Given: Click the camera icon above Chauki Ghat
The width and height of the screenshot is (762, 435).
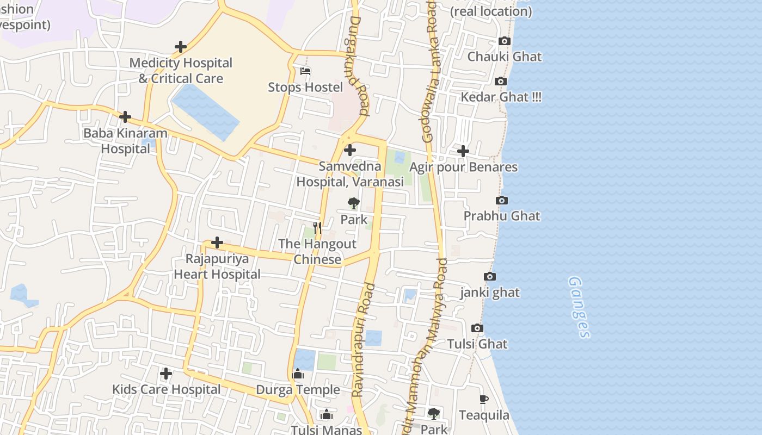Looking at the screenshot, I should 505,41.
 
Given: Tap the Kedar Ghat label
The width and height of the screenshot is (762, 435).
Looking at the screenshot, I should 501,97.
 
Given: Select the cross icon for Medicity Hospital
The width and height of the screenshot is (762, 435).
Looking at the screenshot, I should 181,47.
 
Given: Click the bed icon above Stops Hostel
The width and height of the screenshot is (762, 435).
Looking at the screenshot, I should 305,71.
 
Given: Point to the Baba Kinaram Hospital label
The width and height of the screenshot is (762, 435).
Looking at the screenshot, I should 125,141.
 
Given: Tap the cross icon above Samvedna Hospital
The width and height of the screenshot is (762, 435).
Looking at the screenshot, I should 350,150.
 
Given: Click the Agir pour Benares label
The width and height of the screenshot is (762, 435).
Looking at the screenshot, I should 463,167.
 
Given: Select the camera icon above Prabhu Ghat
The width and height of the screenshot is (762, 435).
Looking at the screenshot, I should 502,201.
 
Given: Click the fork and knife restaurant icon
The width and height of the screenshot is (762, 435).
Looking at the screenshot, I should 317,228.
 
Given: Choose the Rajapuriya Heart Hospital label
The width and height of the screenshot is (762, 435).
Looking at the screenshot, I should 217,266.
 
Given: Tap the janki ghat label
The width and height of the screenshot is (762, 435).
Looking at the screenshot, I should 490,293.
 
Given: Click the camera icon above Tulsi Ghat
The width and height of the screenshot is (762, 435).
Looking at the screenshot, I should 477,328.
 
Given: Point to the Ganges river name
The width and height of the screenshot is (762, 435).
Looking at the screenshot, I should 579,307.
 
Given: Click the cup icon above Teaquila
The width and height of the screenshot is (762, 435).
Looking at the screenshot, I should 483,400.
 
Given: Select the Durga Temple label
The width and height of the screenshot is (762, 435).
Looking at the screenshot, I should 298,390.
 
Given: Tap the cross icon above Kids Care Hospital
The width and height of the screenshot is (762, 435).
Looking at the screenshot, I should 166,374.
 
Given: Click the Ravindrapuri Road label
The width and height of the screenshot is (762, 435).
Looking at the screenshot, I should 364,340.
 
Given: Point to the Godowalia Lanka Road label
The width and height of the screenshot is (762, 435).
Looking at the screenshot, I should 430,73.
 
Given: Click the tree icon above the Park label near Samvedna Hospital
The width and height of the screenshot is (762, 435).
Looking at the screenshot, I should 354,204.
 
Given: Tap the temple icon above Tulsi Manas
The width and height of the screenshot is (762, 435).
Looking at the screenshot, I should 327,415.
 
